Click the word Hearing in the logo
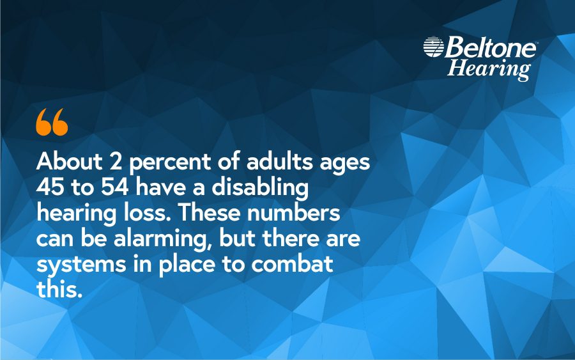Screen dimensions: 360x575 point(489,68)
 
